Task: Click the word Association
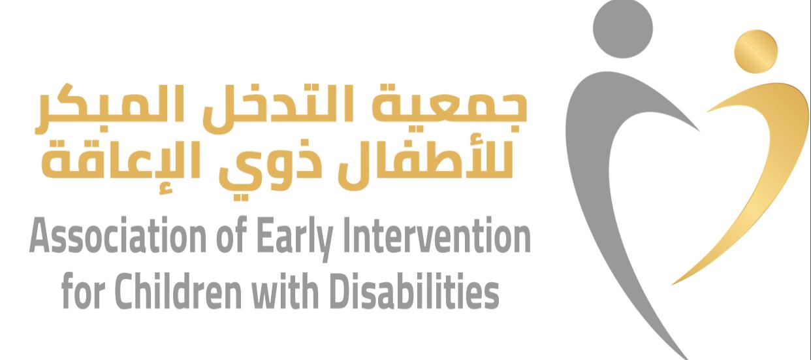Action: (x=118, y=235)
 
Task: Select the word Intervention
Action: (x=437, y=235)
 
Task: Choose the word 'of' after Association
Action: (x=232, y=235)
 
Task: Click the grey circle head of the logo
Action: (x=623, y=28)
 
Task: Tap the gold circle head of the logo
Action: (x=756, y=52)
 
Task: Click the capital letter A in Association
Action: (x=39, y=235)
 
